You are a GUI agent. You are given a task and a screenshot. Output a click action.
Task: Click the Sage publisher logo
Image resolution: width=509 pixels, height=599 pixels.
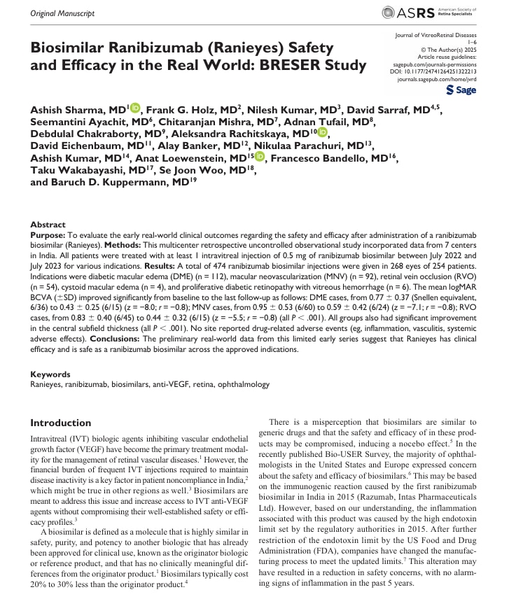[461, 90]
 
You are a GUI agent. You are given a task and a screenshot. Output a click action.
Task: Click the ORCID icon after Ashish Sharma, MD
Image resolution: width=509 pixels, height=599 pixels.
[135, 108]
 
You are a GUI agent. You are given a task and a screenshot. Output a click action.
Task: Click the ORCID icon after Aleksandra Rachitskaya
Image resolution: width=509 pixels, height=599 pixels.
[323, 133]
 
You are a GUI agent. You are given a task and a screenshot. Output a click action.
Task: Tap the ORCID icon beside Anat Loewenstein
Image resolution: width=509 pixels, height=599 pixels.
[260, 158]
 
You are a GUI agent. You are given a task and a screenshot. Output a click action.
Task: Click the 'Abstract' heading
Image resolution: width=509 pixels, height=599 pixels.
[48, 225]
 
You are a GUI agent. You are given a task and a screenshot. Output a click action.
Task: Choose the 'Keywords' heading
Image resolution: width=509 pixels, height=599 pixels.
[50, 374]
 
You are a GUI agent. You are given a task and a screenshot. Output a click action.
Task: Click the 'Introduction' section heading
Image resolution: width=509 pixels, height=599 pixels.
[61, 423]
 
